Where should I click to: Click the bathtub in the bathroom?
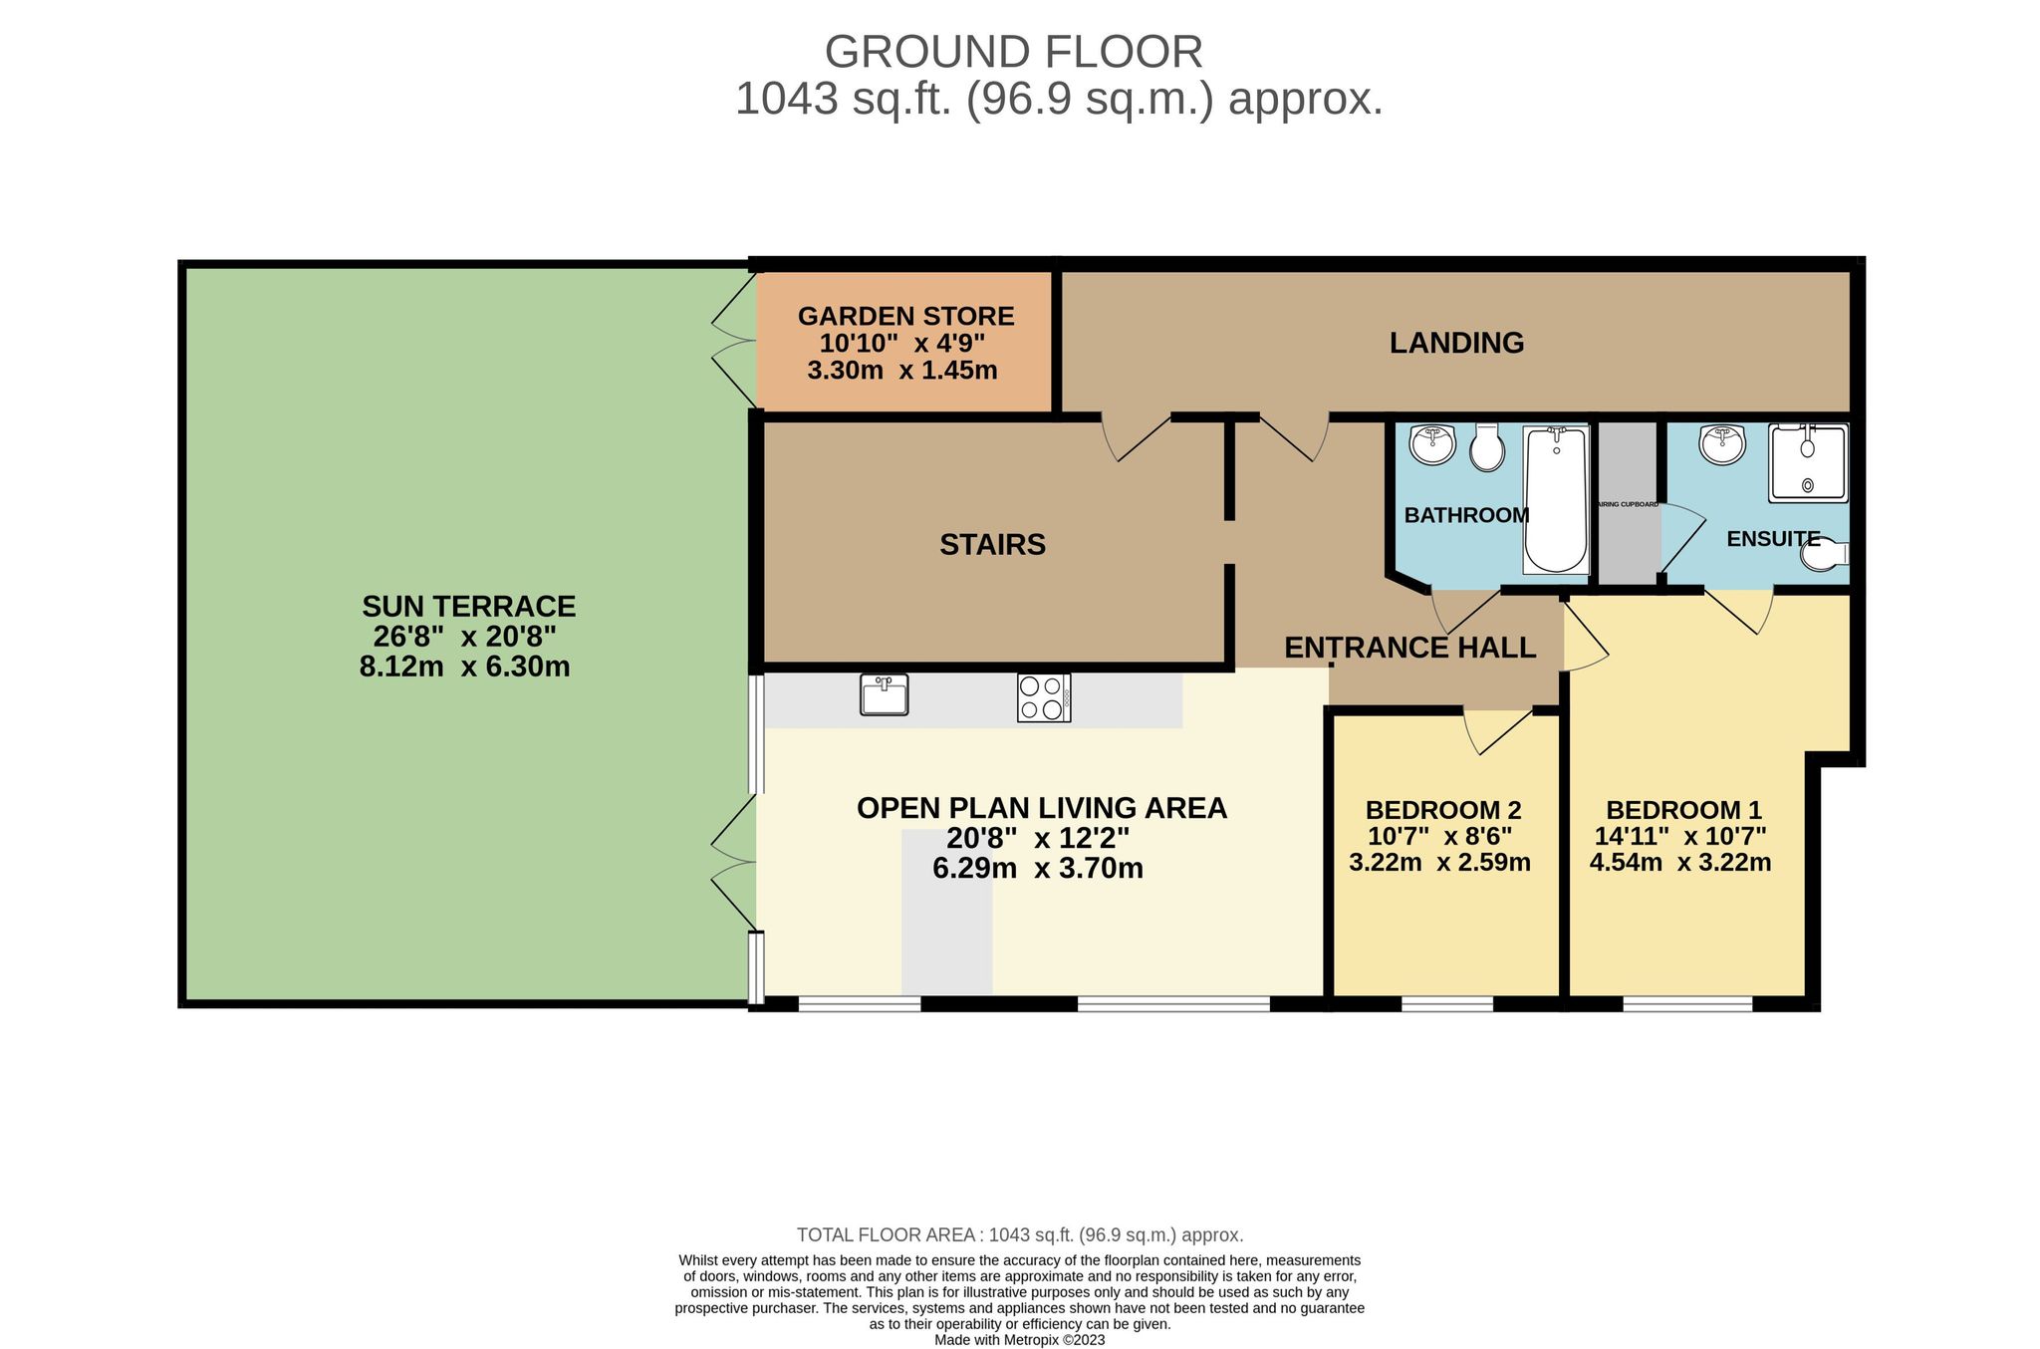[1556, 500]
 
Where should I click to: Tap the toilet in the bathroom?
[1487, 448]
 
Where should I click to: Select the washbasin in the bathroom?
[1432, 444]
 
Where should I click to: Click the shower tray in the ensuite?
[1807, 463]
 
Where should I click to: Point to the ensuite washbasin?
[1722, 444]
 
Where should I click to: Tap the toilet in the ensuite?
[1824, 556]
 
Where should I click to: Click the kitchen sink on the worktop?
[884, 694]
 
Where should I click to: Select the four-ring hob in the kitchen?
[1043, 697]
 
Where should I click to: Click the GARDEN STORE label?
[905, 317]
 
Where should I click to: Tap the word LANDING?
[1456, 343]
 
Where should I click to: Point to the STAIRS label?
[992, 545]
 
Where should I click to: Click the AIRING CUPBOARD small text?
[1628, 505]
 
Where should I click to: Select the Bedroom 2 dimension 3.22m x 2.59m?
[1439, 863]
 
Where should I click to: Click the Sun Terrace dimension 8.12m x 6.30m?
[464, 667]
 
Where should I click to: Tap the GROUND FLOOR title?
[1013, 52]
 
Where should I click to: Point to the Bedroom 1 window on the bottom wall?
[1686, 1003]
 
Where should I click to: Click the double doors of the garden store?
[735, 342]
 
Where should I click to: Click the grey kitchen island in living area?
[946, 912]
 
